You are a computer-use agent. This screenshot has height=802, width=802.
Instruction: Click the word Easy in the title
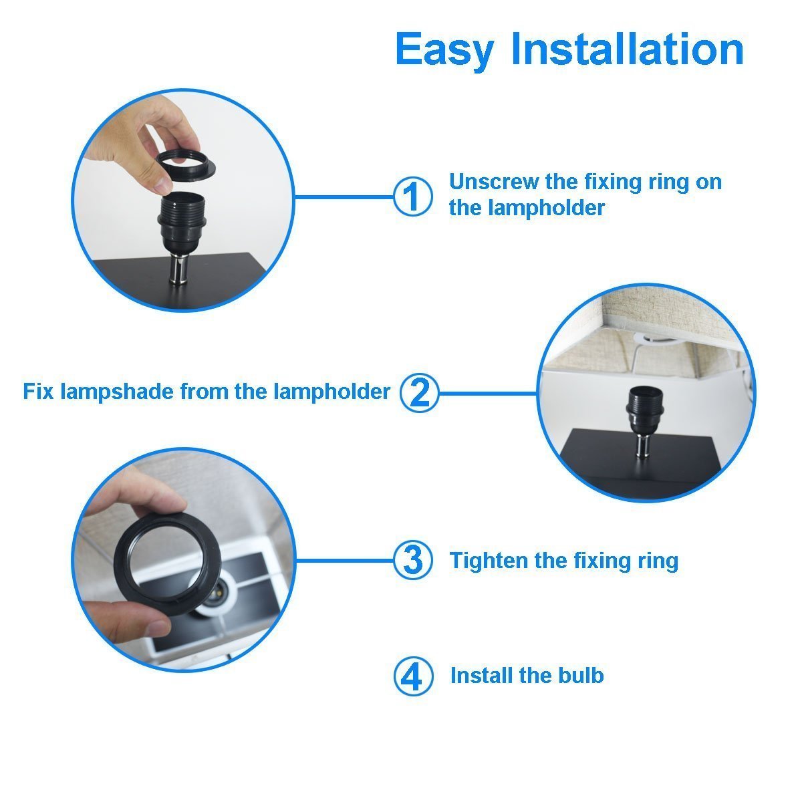coord(445,50)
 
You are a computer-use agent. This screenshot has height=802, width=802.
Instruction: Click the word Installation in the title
coord(627,48)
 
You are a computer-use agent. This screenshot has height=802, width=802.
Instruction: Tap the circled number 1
coord(413,196)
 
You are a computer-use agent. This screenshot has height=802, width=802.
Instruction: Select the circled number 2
coord(420,393)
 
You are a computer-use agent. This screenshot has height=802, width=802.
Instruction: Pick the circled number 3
coord(413,560)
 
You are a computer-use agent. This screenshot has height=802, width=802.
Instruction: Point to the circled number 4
coord(413,676)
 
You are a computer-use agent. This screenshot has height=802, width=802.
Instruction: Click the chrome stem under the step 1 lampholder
coord(179,271)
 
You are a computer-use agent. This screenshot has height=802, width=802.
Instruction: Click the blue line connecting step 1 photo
coord(344,196)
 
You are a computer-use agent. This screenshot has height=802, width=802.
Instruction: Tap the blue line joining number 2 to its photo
coord(488,393)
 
